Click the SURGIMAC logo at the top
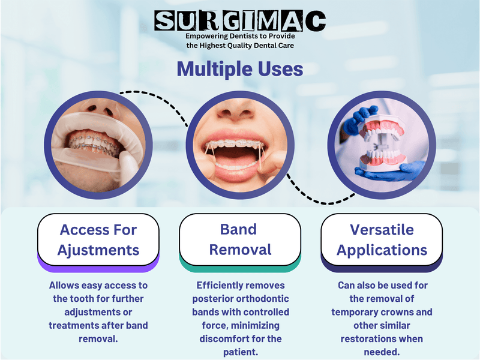point(240,21)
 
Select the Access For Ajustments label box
point(98,239)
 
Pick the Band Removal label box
point(240,239)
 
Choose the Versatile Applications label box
point(382,239)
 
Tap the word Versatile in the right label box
point(382,229)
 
